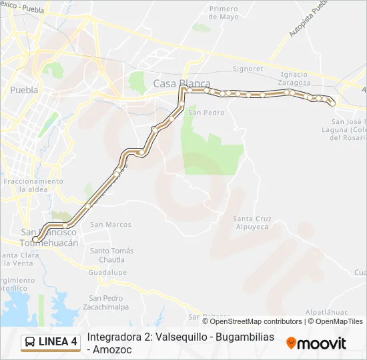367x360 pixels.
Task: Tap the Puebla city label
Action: pyautogui.click(x=24, y=89)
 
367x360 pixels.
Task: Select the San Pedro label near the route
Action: pyautogui.click(x=206, y=113)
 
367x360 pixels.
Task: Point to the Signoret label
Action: pyautogui.click(x=247, y=69)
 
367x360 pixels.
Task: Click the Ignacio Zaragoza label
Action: pyautogui.click(x=295, y=78)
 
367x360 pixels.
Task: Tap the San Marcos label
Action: pyautogui.click(x=111, y=224)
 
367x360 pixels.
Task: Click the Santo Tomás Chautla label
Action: pyautogui.click(x=112, y=255)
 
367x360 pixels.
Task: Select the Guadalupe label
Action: pyautogui.click(x=107, y=272)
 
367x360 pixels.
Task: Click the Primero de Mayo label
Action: pyautogui.click(x=223, y=13)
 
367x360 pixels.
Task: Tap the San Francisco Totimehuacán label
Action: pyautogui.click(x=50, y=237)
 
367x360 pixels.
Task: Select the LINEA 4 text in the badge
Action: pyautogui.click(x=58, y=343)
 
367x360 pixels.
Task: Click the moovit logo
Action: pyautogui.click(x=316, y=343)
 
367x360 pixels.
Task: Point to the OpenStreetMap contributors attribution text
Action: pyautogui.click(x=256, y=321)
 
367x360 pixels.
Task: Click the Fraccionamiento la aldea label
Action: pyautogui.click(x=33, y=185)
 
